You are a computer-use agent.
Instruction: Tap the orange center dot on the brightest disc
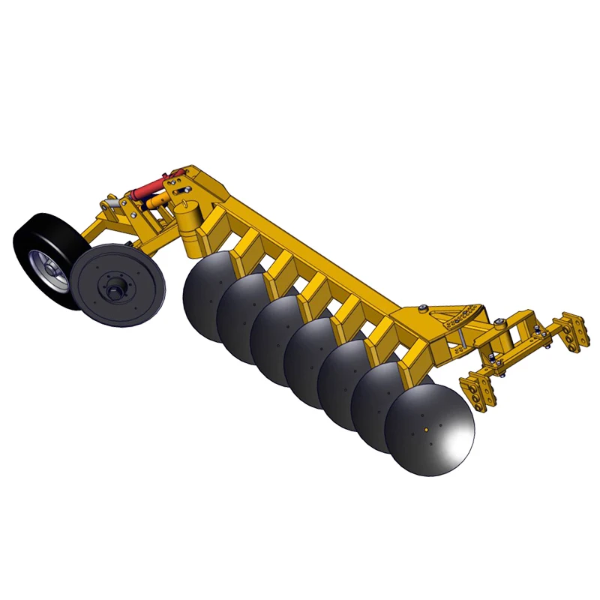(426, 430)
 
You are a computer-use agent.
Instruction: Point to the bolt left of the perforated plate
(424, 307)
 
